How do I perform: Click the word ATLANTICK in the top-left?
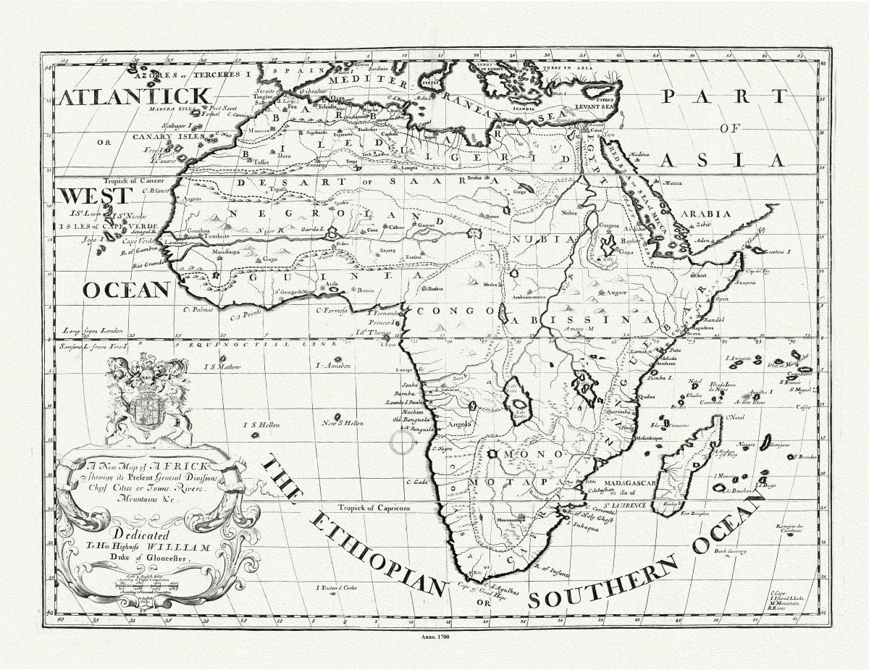133,96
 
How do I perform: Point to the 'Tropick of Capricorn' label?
377,508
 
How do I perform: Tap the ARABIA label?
715,214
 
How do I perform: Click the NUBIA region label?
537,238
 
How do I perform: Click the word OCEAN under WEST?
126,290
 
